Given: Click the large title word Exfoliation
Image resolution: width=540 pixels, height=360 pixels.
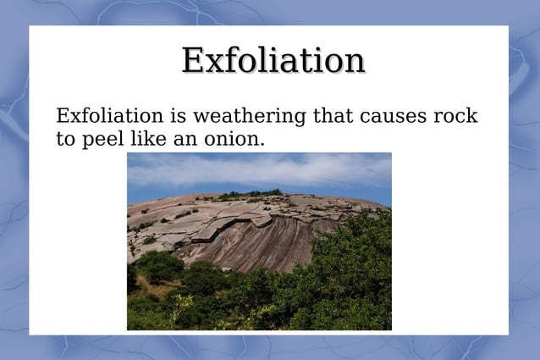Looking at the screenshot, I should tap(273, 60).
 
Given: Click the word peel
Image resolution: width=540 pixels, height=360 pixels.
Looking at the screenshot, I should tap(102, 139).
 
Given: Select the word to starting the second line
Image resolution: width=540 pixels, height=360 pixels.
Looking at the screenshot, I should tap(65, 139).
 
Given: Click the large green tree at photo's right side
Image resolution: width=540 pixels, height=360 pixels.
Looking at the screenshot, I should tap(355, 271).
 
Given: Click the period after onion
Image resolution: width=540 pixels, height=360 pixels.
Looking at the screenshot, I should tap(262, 143).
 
